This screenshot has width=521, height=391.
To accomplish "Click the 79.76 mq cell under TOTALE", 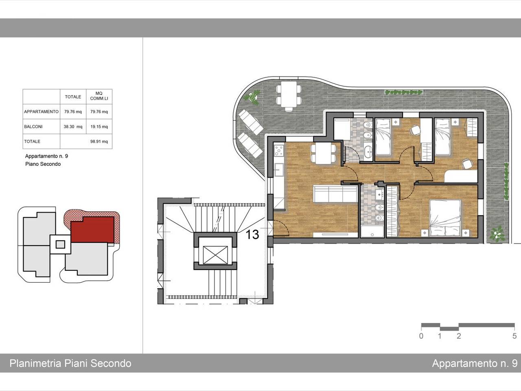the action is (73, 112).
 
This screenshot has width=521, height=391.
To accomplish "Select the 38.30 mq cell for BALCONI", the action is (73, 127).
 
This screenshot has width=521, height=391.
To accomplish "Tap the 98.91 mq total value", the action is (99, 141).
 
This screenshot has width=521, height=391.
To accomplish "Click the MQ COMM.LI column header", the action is (99, 96).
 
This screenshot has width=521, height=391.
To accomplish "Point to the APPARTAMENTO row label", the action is (41, 112).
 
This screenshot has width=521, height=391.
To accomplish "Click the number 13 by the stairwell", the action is (252, 235).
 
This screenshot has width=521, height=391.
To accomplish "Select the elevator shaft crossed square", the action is (215, 255).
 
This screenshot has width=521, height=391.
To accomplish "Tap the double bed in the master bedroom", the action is (445, 218).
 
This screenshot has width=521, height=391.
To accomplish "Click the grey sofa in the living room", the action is (335, 194).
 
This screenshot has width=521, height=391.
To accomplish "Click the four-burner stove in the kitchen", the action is (279, 151).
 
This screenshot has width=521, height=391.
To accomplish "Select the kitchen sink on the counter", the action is (279, 170).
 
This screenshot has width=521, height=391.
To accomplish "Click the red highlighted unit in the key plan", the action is (92, 229).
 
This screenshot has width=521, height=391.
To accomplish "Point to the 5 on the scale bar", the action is (514, 336).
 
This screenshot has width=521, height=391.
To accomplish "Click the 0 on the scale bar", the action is (421, 336).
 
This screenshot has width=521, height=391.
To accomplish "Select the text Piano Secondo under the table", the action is (43, 164).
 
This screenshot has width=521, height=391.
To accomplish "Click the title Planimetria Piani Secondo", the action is (70, 363).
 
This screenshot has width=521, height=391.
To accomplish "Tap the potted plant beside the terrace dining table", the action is (252, 98).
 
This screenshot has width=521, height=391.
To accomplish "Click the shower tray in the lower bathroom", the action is (372, 231).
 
